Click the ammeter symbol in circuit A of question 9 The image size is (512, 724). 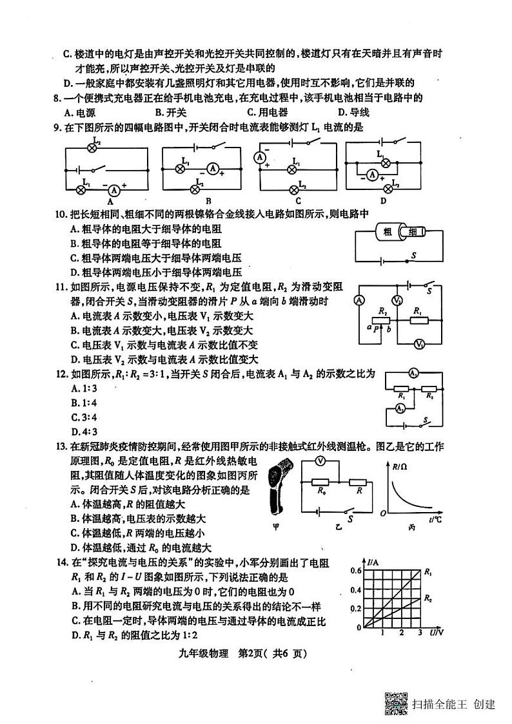click(x=114, y=190)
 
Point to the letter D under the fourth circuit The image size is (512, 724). click(x=383, y=200)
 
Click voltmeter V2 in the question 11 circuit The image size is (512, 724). click(x=399, y=301)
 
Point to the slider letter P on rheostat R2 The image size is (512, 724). click(x=375, y=328)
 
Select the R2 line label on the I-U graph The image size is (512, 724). click(x=429, y=599)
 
